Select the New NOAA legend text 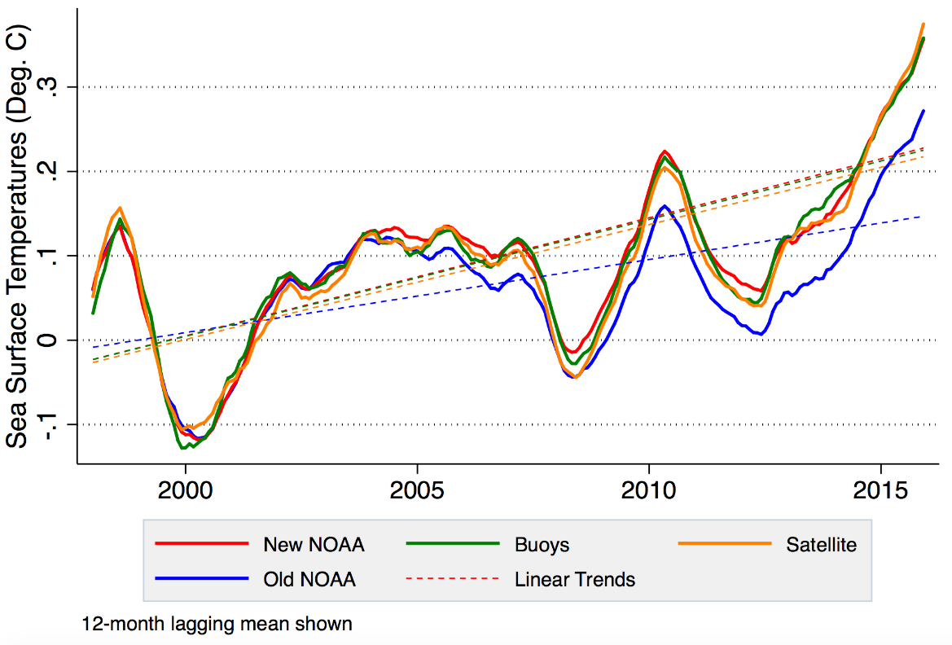tap(314, 545)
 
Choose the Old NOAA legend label tap(309, 580)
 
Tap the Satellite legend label tap(821, 545)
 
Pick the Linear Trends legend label tap(574, 580)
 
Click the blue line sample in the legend tap(200, 579)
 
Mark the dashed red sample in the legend tap(451, 579)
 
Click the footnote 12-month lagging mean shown tap(217, 624)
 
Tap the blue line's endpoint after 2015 tap(923, 111)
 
